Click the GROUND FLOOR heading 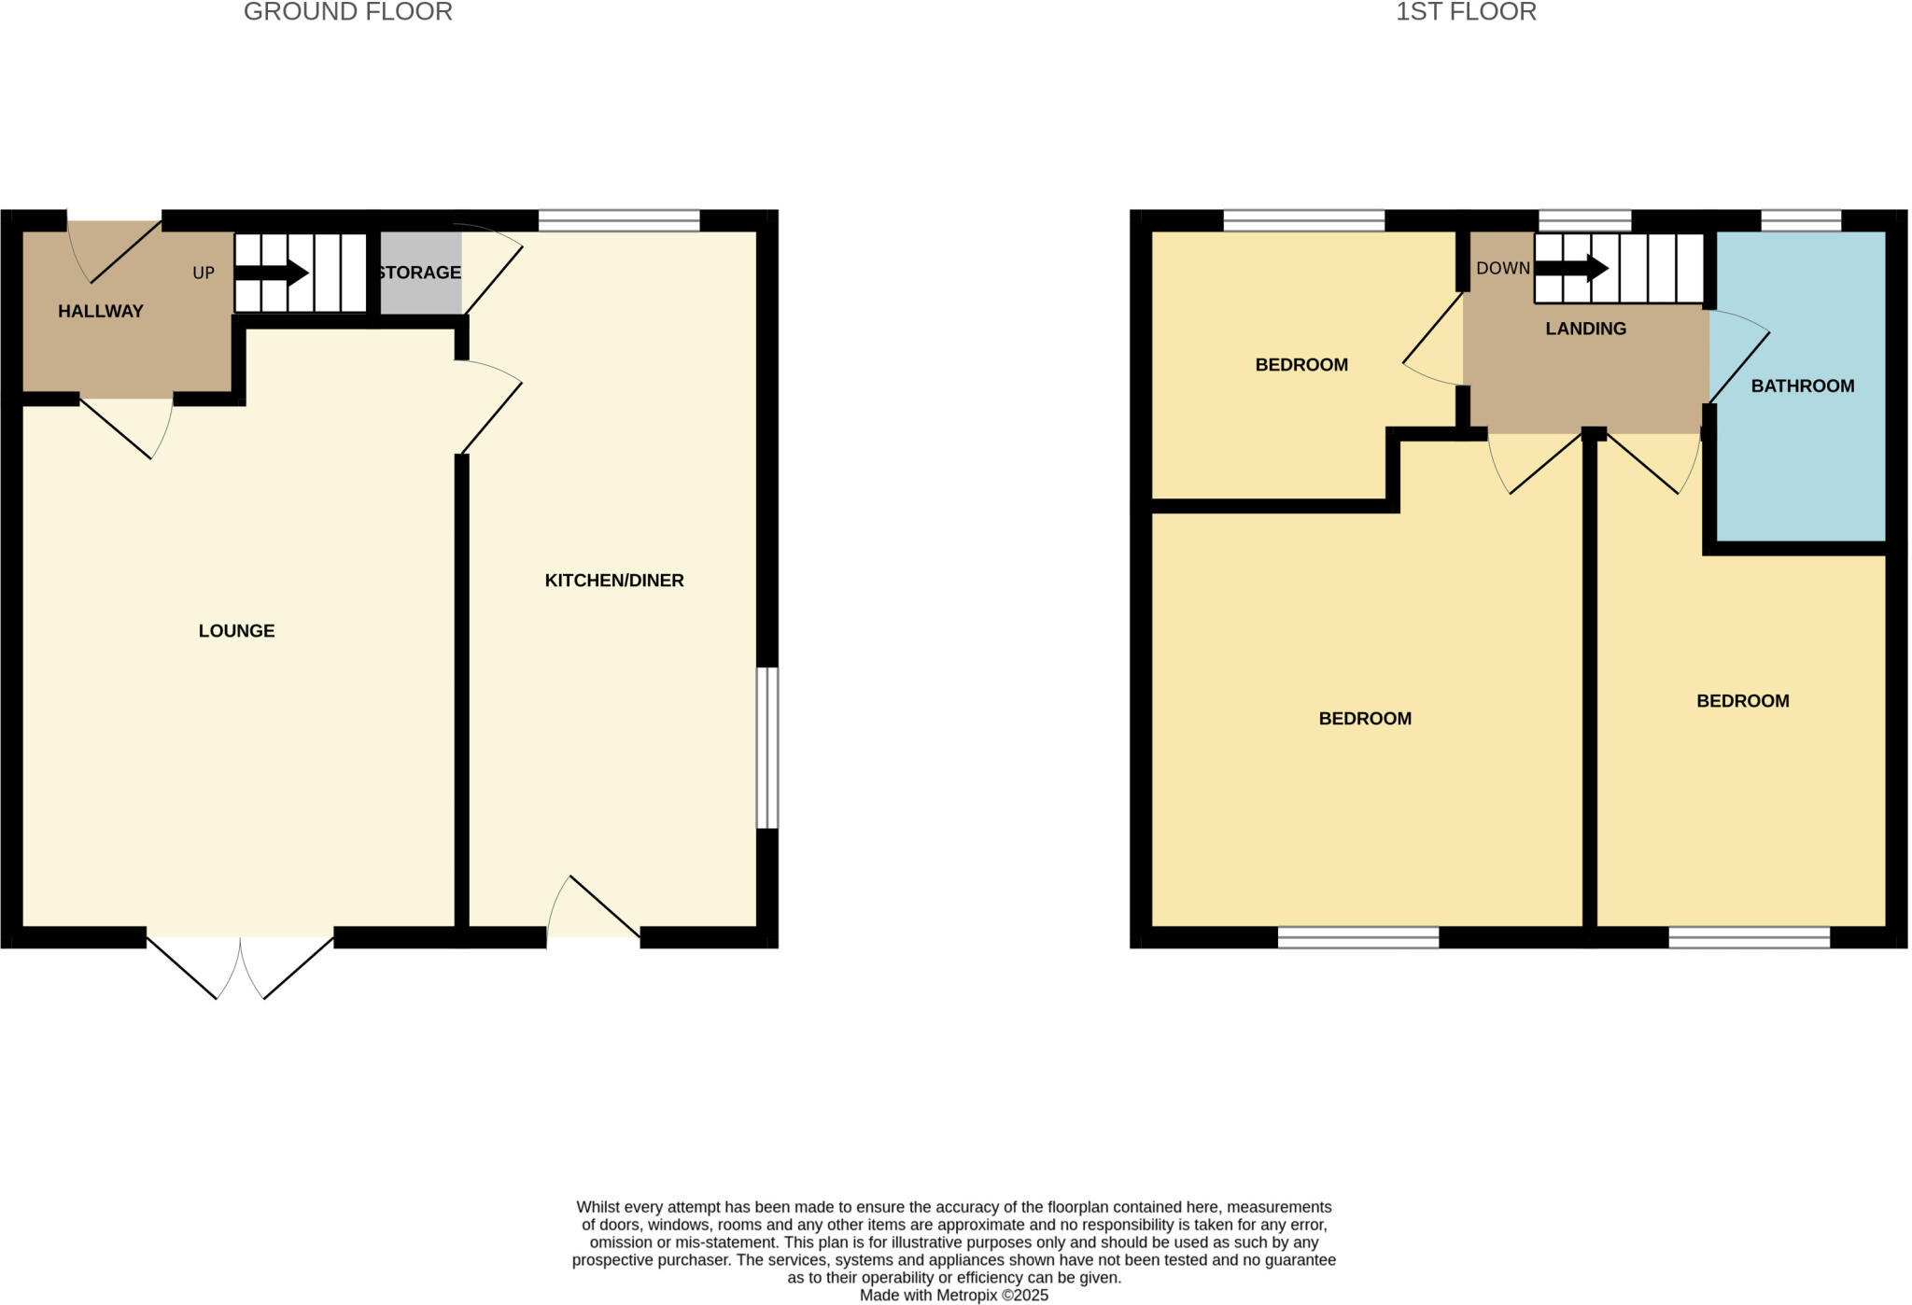coord(347,12)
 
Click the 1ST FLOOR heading coord(1465,12)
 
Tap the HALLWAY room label coord(101,312)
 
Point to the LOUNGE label coord(236,631)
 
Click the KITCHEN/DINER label coord(614,581)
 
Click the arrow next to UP coord(272,273)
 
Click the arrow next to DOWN coord(1571,269)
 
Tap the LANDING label coord(1585,329)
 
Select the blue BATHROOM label coord(1802,386)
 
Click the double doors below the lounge coord(240,966)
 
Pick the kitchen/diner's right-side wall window coord(766,748)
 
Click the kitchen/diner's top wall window coord(619,221)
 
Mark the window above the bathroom coord(1801,221)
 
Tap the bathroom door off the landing coord(1737,364)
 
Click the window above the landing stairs coord(1584,221)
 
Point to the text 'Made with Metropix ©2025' coord(953,1296)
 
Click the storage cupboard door coord(493,274)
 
